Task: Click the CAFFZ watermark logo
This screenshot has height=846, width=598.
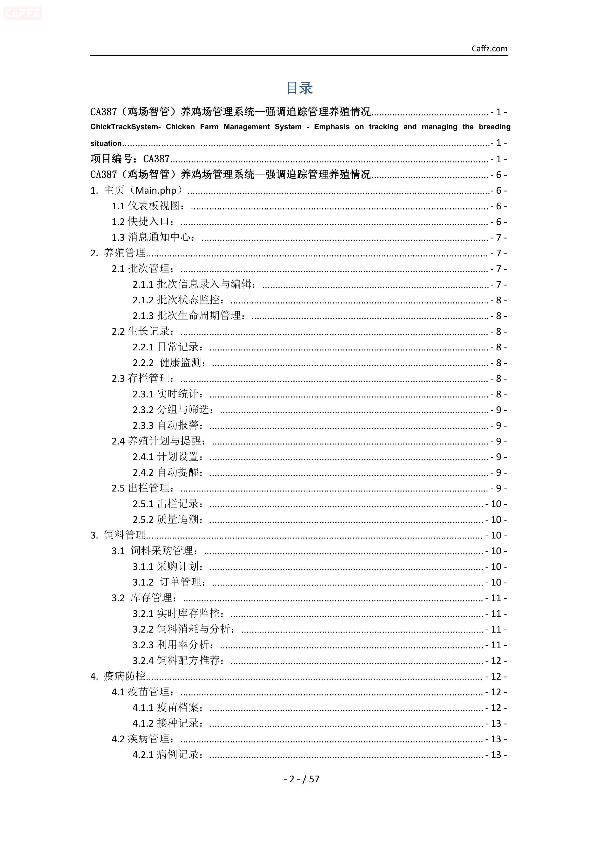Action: tap(23, 13)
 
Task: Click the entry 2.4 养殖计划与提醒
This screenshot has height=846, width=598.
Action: tap(159, 441)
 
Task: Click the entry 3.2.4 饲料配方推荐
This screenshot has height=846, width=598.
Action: tap(179, 661)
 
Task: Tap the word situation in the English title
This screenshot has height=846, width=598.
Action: tap(106, 143)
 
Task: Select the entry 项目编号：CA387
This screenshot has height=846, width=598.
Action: tap(130, 159)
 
